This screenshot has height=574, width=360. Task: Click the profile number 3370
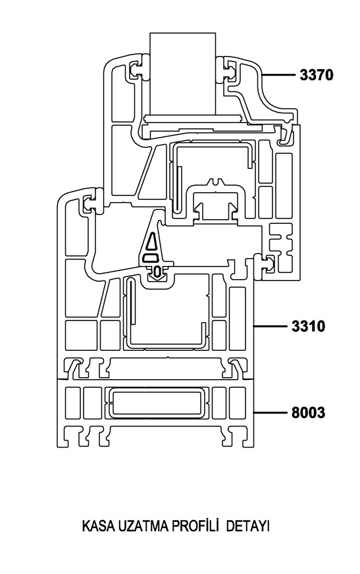pyautogui.click(x=317, y=75)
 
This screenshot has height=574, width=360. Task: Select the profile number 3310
pyautogui.click(x=308, y=326)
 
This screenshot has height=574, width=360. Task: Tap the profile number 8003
pyautogui.click(x=308, y=413)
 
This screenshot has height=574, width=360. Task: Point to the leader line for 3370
pyautogui.click(x=279, y=75)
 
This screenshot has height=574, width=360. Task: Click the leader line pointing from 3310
pyautogui.click(x=270, y=326)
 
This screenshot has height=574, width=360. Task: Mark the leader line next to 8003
pyautogui.click(x=270, y=413)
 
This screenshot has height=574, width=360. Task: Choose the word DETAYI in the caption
pyautogui.click(x=248, y=527)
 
